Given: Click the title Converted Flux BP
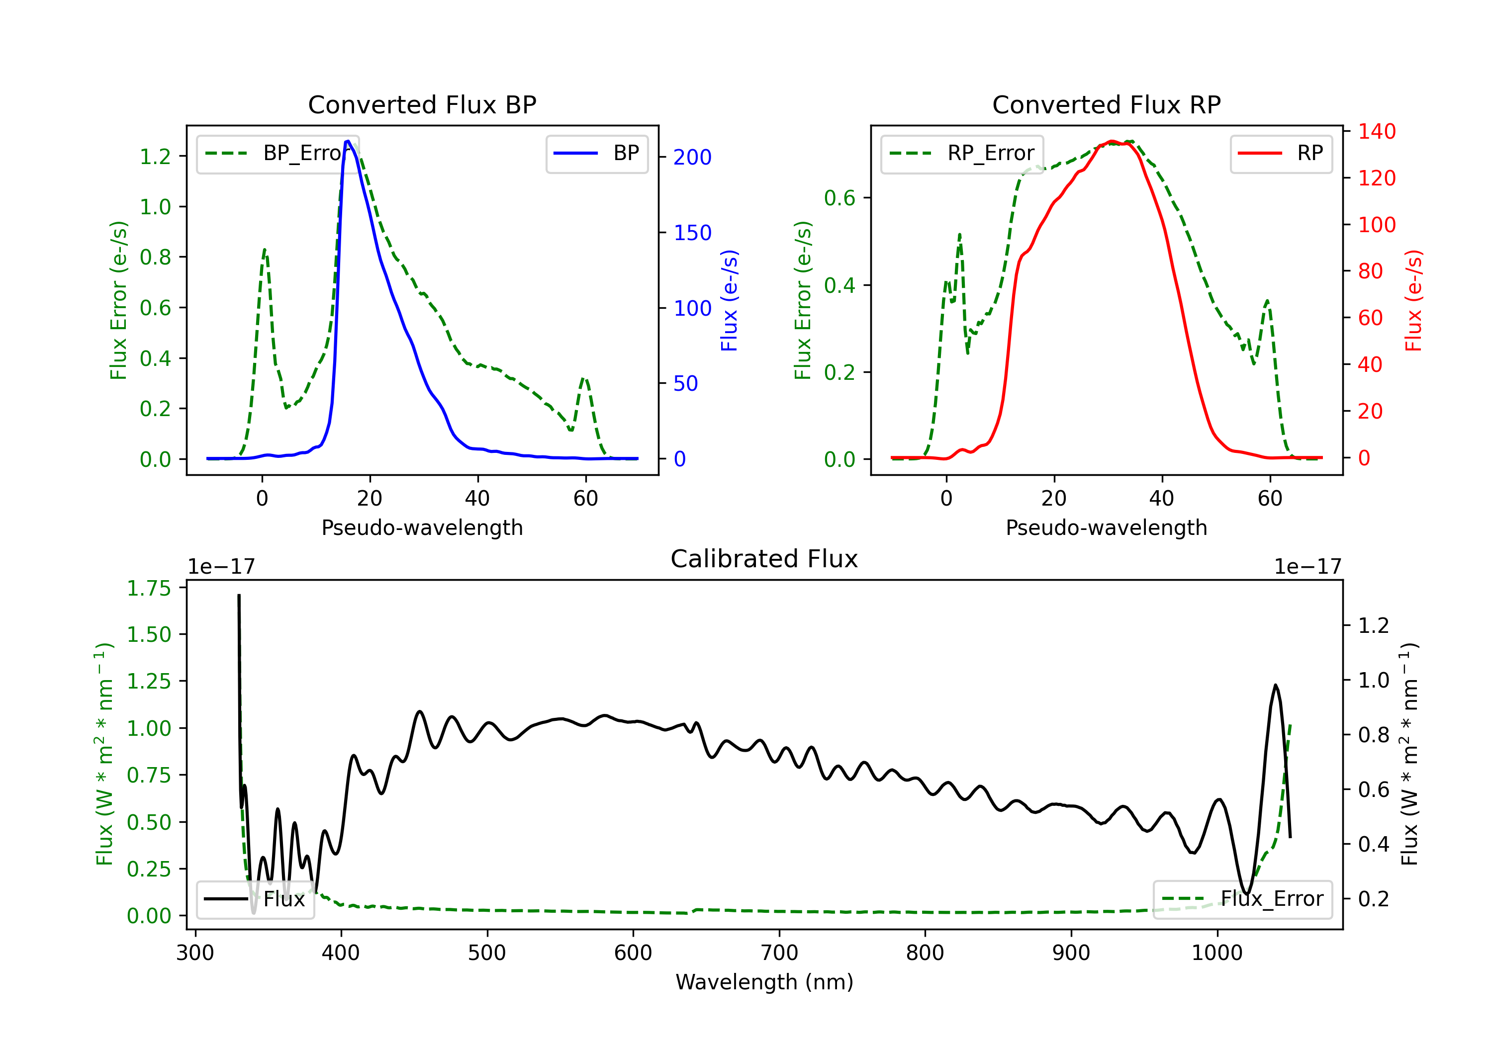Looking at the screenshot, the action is pos(422,104).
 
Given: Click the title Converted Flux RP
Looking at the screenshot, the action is pos(1106,104).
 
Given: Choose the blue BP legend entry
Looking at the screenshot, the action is pos(596,153).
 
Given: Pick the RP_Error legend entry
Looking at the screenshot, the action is pos(962,153).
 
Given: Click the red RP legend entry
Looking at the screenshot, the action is pos(1281,153).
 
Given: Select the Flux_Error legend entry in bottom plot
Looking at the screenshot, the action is pos(1242,899).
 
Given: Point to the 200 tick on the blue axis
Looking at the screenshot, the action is pos(692,157).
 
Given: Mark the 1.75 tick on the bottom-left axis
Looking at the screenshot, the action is pos(149,588).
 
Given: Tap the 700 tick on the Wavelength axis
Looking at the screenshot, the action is pos(779,953).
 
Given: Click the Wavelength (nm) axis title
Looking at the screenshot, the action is pos(764,982).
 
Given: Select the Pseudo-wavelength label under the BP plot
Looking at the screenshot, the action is pos(422,527).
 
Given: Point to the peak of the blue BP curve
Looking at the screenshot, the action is pos(348,141).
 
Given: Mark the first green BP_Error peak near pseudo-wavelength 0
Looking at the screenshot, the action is pos(264,250).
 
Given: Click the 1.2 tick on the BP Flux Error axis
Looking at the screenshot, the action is pos(155,157).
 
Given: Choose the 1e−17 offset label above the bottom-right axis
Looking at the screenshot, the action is pos(1307,567).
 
